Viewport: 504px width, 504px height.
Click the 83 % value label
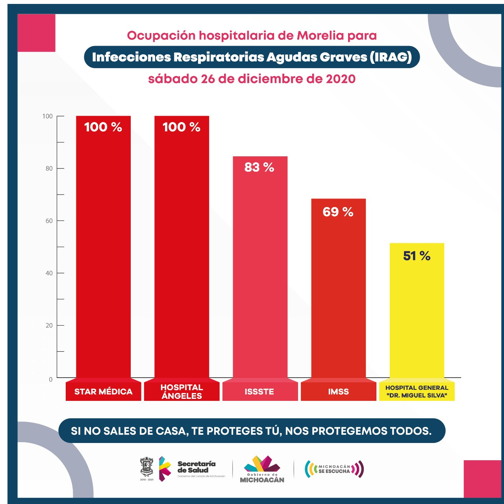[x=259, y=167]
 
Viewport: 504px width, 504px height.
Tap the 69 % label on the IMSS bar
[x=338, y=212]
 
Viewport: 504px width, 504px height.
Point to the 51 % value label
[x=417, y=256]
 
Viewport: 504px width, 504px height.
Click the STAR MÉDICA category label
[x=103, y=391]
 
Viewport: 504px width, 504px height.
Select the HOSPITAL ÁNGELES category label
[x=182, y=391]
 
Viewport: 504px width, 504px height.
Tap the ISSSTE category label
[x=259, y=391]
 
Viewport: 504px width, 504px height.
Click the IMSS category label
[x=338, y=391]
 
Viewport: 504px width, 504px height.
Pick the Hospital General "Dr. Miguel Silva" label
[x=417, y=391]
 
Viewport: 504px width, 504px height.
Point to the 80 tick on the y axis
[x=49, y=169]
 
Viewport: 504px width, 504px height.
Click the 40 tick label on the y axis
[x=49, y=273]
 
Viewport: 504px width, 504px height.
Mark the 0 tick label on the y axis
[x=50, y=379]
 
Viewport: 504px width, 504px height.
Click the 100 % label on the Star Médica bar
[x=103, y=127]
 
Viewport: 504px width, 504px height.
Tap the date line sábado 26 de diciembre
[x=252, y=79]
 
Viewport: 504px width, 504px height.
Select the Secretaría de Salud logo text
[x=196, y=467]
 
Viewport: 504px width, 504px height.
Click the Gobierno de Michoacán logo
[x=262, y=469]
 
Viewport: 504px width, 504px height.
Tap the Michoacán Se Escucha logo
[x=334, y=469]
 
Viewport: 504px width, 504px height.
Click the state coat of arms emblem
[x=147, y=467]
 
